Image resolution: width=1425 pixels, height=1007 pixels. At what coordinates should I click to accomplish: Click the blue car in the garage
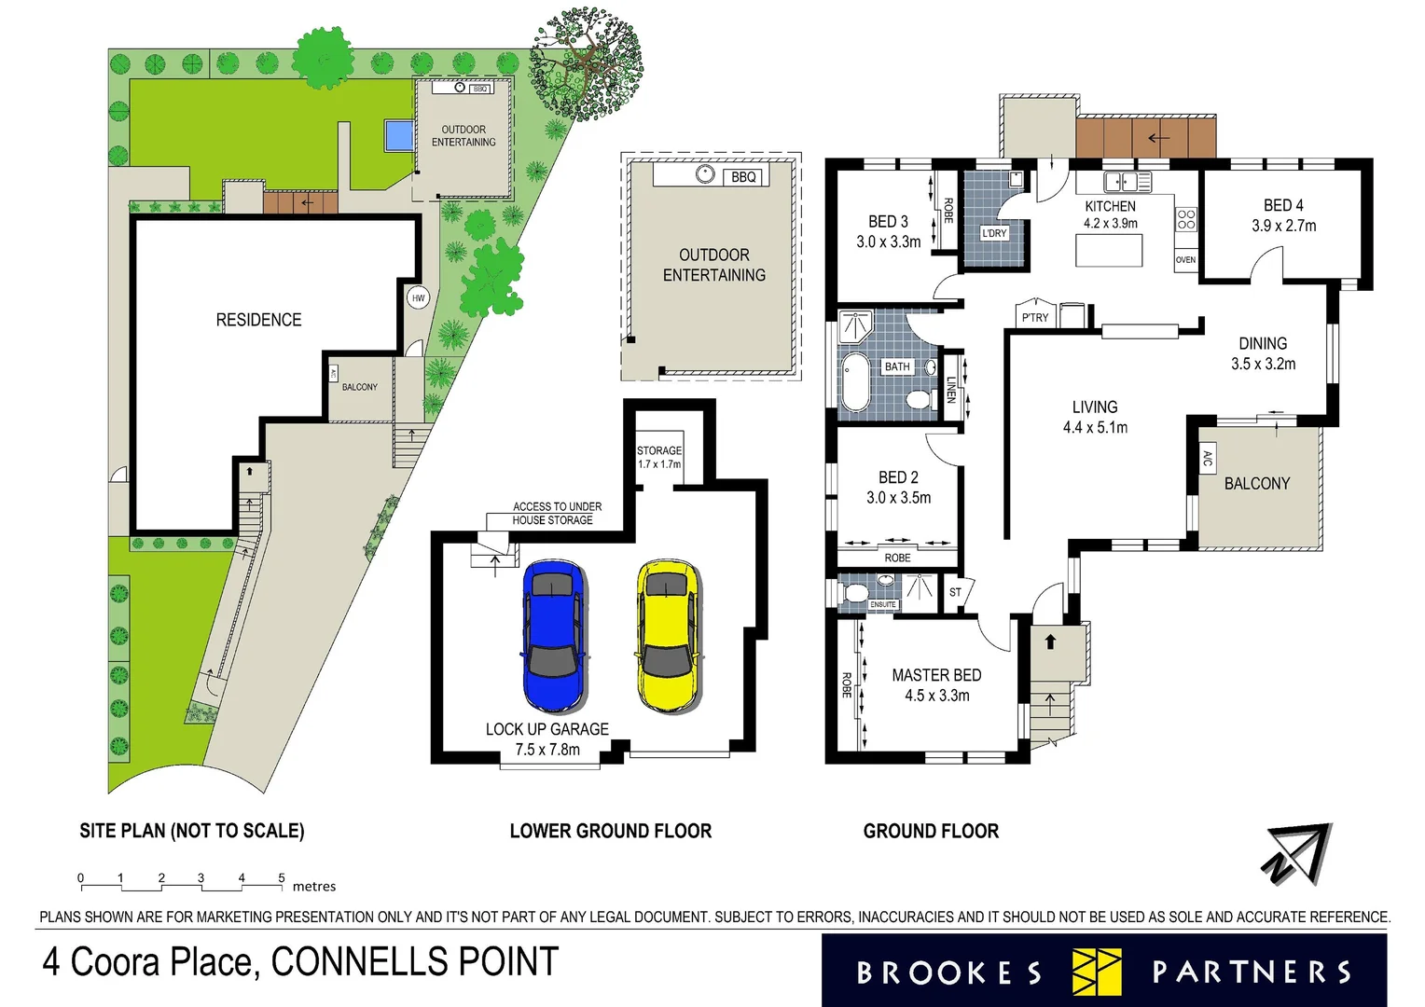pyautogui.click(x=554, y=636)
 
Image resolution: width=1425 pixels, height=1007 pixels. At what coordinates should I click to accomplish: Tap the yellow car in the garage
pyautogui.click(x=668, y=636)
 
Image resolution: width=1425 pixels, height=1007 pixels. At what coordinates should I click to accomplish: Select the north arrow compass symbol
pyautogui.click(x=1298, y=854)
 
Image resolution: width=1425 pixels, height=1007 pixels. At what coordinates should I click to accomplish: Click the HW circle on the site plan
pyautogui.click(x=418, y=298)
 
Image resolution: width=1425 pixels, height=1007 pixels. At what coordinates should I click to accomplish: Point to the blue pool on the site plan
pyautogui.click(x=398, y=136)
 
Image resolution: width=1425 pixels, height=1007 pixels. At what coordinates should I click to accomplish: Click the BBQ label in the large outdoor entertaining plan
pyautogui.click(x=743, y=177)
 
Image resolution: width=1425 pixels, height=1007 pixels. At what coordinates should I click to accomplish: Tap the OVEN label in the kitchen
pyautogui.click(x=1185, y=260)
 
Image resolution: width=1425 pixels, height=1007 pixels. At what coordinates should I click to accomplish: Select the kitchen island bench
pyautogui.click(x=1110, y=251)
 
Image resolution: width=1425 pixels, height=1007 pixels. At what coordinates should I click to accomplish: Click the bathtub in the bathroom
pyautogui.click(x=854, y=382)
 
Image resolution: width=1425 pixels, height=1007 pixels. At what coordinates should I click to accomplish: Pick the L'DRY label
pyautogui.click(x=994, y=233)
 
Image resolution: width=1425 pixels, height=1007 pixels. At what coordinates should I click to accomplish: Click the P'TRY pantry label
pyautogui.click(x=1035, y=317)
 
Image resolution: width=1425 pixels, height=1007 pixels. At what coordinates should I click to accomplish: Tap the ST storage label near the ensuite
pyautogui.click(x=955, y=592)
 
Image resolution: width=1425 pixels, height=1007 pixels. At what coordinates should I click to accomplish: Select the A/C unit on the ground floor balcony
pyautogui.click(x=1207, y=459)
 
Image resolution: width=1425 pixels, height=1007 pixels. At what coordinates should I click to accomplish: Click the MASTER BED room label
pyautogui.click(x=936, y=675)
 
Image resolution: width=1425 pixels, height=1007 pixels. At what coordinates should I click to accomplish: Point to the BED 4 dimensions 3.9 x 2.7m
pyautogui.click(x=1283, y=226)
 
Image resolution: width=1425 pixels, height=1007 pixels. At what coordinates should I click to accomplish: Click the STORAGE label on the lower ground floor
pyautogui.click(x=659, y=450)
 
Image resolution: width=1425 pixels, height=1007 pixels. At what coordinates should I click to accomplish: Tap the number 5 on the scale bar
pyautogui.click(x=282, y=878)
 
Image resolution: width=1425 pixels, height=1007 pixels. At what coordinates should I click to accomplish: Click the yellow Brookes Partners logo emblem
pyautogui.click(x=1097, y=972)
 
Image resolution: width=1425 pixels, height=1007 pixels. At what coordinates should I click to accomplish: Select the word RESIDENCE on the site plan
pyautogui.click(x=258, y=320)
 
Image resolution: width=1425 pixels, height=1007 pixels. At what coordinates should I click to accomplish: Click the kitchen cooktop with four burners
pyautogui.click(x=1186, y=220)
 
